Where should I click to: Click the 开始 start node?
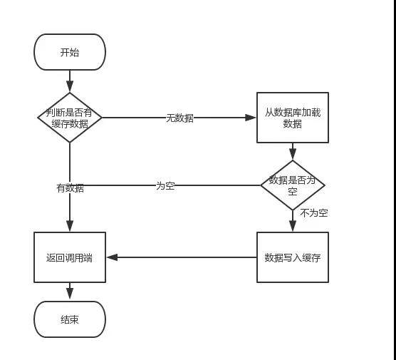click(x=70, y=52)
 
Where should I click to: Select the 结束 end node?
click(x=70, y=319)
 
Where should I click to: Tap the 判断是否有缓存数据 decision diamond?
click(x=70, y=118)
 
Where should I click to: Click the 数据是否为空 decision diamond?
click(x=293, y=185)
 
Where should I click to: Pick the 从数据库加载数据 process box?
click(x=293, y=118)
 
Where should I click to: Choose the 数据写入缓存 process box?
click(x=293, y=257)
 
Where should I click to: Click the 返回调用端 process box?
click(x=70, y=257)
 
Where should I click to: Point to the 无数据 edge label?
click(x=179, y=118)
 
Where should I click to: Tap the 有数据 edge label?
click(x=70, y=188)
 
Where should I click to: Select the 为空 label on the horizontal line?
click(x=165, y=185)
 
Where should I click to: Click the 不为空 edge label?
click(x=313, y=212)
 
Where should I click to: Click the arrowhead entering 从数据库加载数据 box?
click(x=252, y=118)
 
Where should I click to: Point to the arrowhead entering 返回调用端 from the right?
click(x=110, y=257)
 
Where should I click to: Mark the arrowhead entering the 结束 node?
click(x=70, y=297)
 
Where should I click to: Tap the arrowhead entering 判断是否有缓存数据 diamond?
click(x=70, y=88)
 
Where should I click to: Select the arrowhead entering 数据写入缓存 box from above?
click(x=293, y=227)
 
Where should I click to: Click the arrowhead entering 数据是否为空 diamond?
click(x=293, y=155)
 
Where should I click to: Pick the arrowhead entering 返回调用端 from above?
click(x=70, y=227)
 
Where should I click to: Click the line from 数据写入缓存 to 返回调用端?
click(x=185, y=257)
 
